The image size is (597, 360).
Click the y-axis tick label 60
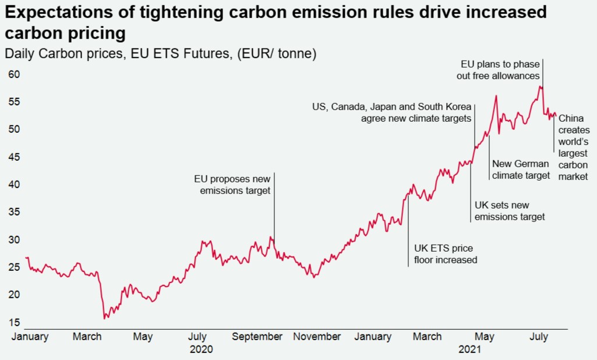point(14,75)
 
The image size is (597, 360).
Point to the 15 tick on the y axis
point(14,322)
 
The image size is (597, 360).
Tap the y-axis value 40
point(14,185)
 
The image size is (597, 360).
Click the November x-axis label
point(317,336)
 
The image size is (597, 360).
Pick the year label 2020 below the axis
point(202,350)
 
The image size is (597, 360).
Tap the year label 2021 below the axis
point(469,350)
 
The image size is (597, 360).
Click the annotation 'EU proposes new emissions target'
point(232,185)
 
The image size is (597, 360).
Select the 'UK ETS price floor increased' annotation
point(445,254)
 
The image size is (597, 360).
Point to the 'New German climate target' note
point(521,170)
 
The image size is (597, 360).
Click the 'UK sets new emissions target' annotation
point(509,211)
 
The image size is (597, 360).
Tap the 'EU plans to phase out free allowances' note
point(500,69)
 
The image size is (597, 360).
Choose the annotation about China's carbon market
point(574,147)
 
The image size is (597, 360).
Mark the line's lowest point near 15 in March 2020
point(105,318)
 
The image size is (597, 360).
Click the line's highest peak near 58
point(541,87)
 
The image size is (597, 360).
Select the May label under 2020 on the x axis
point(143,336)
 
